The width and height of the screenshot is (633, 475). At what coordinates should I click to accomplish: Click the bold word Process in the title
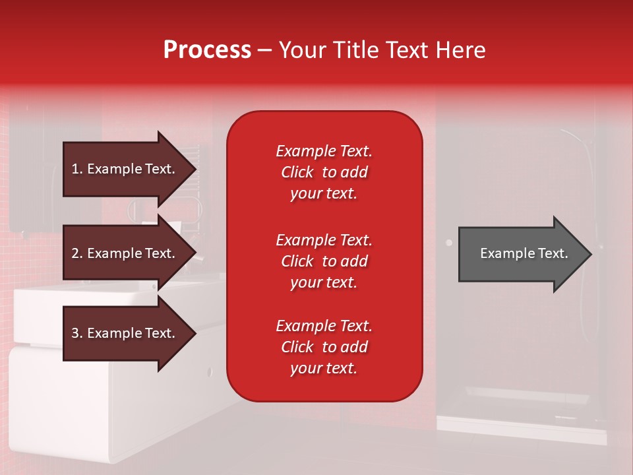[x=207, y=50]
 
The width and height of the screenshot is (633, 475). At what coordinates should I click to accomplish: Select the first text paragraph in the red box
[x=324, y=172]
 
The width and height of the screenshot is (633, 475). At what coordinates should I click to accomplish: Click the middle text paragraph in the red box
[x=324, y=261]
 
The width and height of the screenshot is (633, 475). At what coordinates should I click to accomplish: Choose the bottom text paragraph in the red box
[x=324, y=347]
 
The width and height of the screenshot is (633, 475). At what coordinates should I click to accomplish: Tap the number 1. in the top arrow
[x=77, y=169]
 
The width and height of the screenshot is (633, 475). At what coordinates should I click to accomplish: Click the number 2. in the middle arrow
[x=77, y=253]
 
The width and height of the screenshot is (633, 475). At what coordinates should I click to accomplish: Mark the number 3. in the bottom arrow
[x=77, y=333]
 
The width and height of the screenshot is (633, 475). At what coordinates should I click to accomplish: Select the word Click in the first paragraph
[x=297, y=172]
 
